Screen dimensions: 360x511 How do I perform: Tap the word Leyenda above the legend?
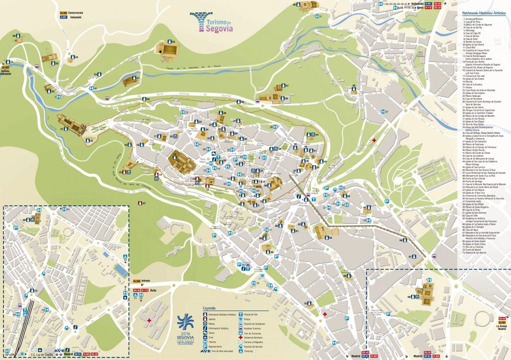pos(209,308)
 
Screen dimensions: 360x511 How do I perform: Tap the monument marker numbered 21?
pos(61,129)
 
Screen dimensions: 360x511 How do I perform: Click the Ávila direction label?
pos(155,290)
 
